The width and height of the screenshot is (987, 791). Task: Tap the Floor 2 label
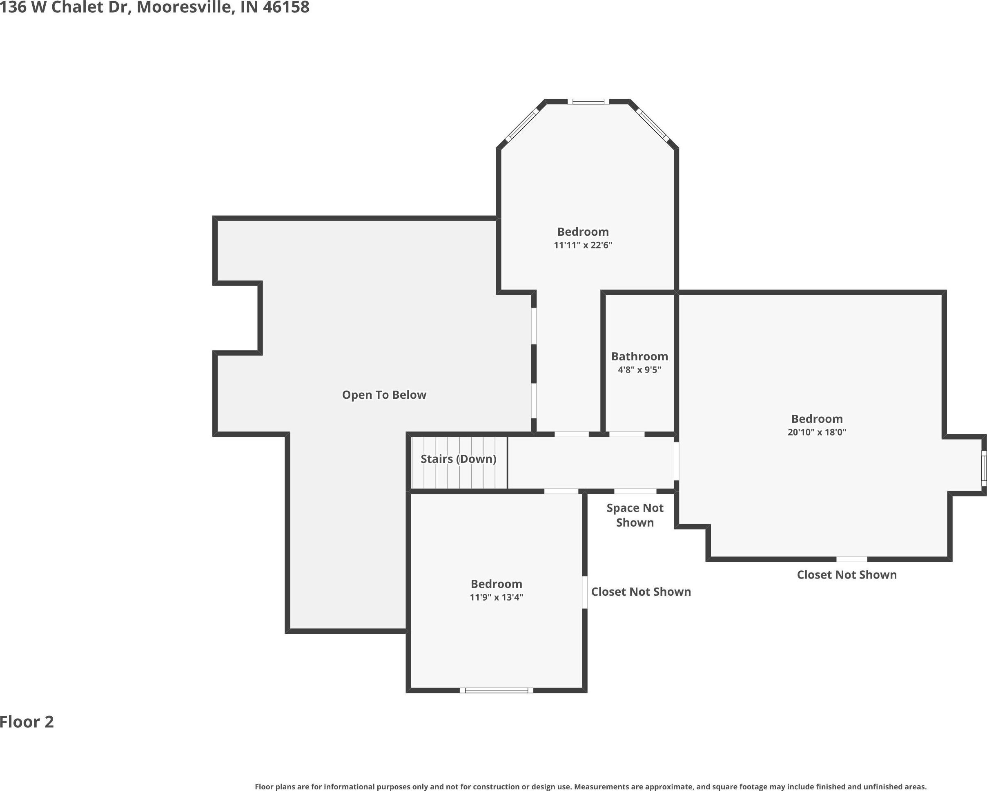tap(27, 722)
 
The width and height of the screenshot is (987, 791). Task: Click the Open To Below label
tap(384, 395)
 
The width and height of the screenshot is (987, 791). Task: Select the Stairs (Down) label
tap(458, 459)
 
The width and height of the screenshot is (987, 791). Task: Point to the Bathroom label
tap(639, 356)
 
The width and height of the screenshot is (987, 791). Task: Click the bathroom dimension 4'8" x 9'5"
tap(639, 370)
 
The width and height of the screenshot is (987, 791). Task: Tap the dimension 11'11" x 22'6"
tap(583, 245)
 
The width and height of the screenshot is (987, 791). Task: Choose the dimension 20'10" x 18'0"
tap(817, 432)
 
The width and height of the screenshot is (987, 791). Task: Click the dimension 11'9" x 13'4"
tap(496, 597)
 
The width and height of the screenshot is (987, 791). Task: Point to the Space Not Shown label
tap(635, 515)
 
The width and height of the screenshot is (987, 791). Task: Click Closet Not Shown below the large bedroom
tap(847, 575)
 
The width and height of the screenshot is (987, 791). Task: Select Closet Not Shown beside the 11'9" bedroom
tap(641, 592)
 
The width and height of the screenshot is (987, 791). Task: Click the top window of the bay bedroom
tap(588, 102)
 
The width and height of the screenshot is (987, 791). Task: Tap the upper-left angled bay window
tap(522, 125)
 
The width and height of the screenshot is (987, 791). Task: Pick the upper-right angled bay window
tap(653, 125)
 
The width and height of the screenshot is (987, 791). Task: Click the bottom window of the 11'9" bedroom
tap(497, 690)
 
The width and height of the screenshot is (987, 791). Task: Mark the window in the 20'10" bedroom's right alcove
tap(984, 468)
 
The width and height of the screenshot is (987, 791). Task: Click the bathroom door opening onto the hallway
tap(627, 434)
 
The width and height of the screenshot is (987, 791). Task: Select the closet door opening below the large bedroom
tap(852, 559)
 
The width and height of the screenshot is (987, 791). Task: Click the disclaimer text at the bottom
tap(590, 787)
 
